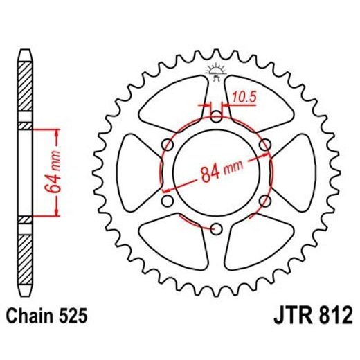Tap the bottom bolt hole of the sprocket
coord(216,228)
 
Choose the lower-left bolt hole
coord(168,201)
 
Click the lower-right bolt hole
coord(264,201)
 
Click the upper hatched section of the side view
coord(25,90)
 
